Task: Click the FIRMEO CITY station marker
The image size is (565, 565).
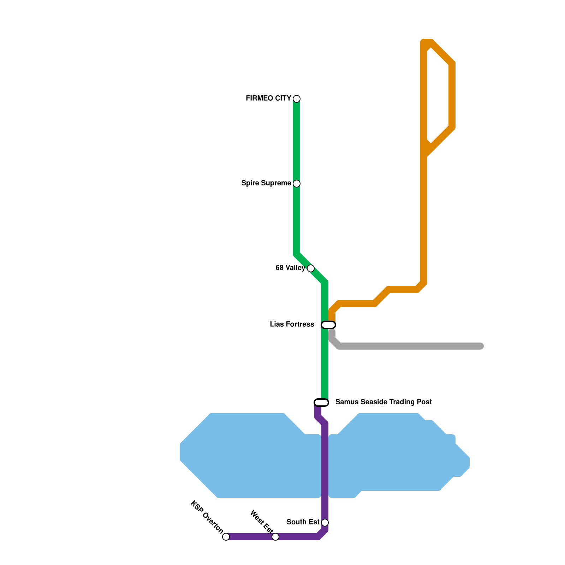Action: [x=297, y=99]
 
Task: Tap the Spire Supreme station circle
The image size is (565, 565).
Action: [x=297, y=184]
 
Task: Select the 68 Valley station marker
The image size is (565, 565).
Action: [x=311, y=268]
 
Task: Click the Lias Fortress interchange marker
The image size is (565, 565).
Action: [x=328, y=325]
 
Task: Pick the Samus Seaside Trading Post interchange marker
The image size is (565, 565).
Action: [x=321, y=403]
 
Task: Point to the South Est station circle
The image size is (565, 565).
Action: [x=325, y=523]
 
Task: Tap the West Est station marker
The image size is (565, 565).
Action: [x=275, y=537]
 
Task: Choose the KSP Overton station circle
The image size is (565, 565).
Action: [x=226, y=537]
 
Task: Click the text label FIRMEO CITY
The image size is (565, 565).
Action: [x=268, y=99]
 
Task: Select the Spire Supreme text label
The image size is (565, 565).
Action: [x=266, y=183]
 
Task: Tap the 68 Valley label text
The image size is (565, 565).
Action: [x=290, y=268]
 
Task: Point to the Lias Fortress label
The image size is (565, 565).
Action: [x=292, y=325]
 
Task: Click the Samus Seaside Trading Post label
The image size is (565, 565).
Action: [x=383, y=402]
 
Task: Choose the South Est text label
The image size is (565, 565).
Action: [x=303, y=522]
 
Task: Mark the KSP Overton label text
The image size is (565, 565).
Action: [x=207, y=517]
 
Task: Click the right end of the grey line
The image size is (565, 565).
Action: [x=481, y=346]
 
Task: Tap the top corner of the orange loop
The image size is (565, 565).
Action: [x=427, y=42]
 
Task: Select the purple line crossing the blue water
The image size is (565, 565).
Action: [x=325, y=466]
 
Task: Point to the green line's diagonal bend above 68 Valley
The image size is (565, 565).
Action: [x=297, y=254]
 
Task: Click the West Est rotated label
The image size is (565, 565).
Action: [x=262, y=522]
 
